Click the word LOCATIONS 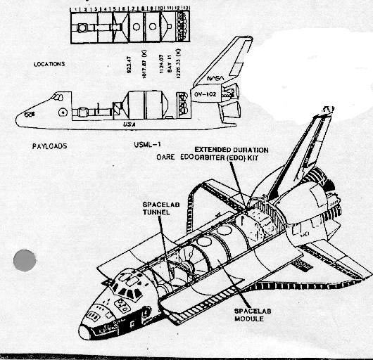49,64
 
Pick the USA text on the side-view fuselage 128,124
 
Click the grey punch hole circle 25,260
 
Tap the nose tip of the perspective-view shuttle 85,331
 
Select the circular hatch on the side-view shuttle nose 63,112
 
